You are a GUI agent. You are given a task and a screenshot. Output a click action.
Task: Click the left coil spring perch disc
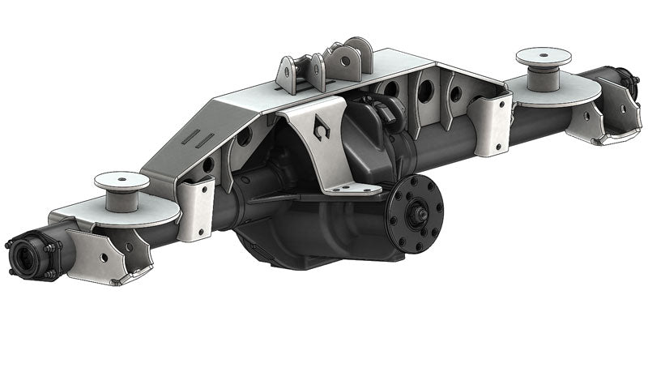coord(122,180)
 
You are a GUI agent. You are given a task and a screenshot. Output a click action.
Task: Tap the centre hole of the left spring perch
coord(122,178)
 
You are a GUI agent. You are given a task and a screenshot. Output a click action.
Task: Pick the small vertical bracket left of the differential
coord(195,208)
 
